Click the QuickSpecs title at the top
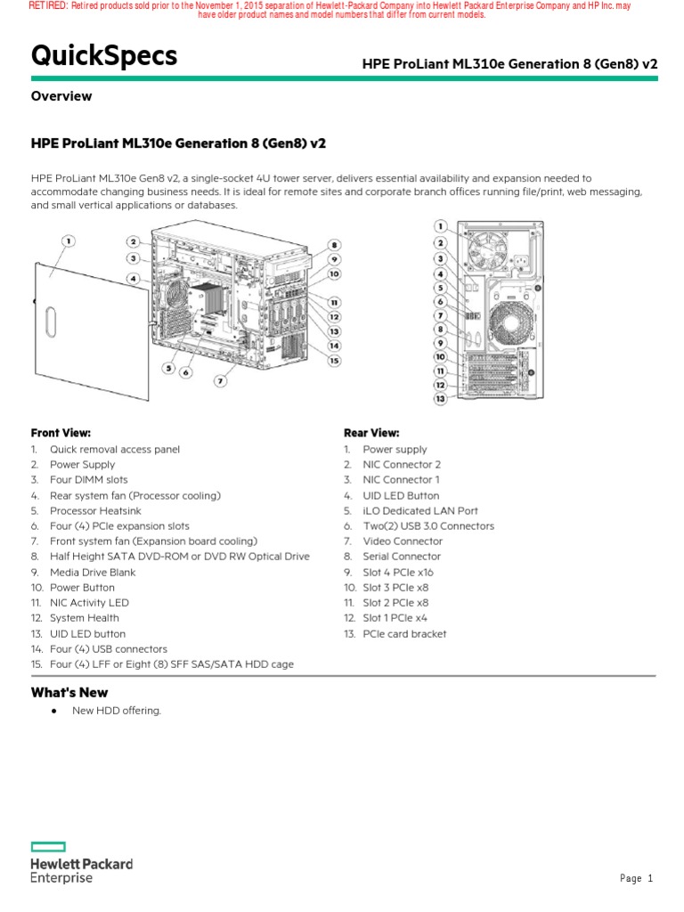104,56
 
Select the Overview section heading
61,96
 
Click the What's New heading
69,692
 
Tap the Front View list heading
61,433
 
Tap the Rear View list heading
371,433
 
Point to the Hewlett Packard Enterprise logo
81,862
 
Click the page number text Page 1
636,879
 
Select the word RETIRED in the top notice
48,6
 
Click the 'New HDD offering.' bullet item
117,710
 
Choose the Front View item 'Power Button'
82,588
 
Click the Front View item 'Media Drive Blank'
93,572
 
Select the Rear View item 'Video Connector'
402,541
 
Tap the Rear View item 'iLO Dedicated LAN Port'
419,510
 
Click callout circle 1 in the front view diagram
69,240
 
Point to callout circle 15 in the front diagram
334,360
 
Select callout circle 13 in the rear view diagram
440,399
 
